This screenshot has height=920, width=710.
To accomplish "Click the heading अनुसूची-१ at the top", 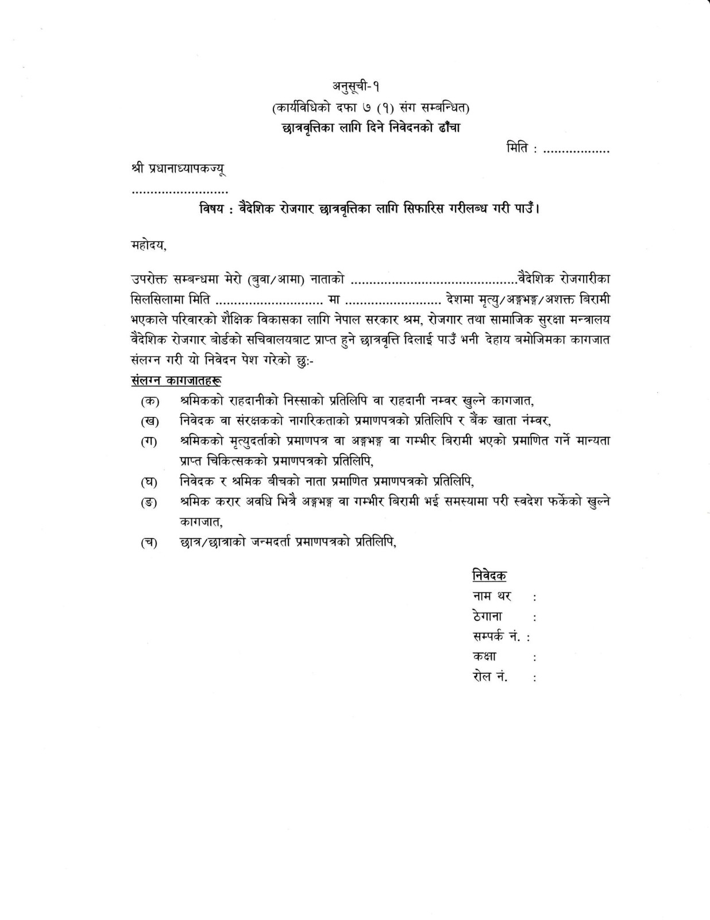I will (356, 86).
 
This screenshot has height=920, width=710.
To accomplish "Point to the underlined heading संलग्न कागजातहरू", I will (176, 381).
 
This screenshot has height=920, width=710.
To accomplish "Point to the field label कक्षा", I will (485, 657).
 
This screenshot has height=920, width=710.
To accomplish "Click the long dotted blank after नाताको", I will (434, 281).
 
